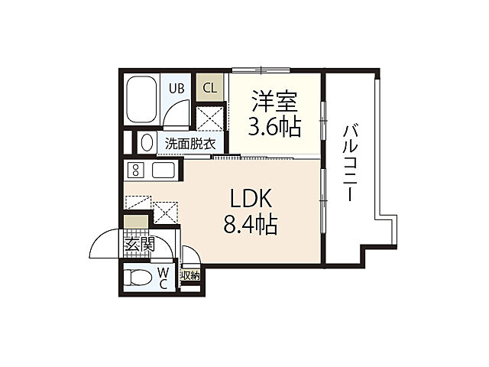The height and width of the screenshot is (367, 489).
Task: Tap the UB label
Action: tap(176, 88)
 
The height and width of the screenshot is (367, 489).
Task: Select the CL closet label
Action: tap(209, 87)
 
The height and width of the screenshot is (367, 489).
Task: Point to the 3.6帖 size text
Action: tap(274, 126)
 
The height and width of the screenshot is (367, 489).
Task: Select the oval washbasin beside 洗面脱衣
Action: tap(145, 143)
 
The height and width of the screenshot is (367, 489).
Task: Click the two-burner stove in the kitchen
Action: tap(136, 170)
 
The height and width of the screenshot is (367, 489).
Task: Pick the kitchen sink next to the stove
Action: tap(164, 170)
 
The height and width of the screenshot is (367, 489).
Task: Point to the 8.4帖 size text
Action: tap(251, 225)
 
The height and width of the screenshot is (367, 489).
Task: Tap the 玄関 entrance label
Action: tap(139, 245)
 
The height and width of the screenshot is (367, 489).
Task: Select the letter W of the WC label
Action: tap(163, 272)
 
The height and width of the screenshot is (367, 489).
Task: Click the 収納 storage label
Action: tap(189, 276)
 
